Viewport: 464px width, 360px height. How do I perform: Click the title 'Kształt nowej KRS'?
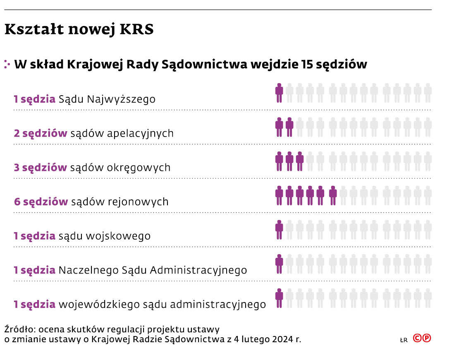click(79, 30)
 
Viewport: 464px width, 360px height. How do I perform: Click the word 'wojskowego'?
click(118, 236)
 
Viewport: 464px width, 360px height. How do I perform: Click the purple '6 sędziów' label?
click(41, 202)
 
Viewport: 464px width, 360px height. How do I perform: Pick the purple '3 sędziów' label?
click(40, 168)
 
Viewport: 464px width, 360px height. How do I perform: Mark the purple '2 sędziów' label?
click(41, 134)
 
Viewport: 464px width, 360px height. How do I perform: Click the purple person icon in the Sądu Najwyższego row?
click(279, 93)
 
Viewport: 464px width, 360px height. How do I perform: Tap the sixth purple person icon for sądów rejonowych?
click(332, 195)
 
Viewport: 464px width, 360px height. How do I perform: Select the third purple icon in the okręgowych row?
click(300, 161)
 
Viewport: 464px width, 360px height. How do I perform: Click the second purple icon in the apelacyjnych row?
click(289, 127)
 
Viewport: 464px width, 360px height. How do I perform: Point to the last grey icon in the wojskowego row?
click(428, 230)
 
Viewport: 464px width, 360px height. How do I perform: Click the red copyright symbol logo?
click(422, 338)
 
